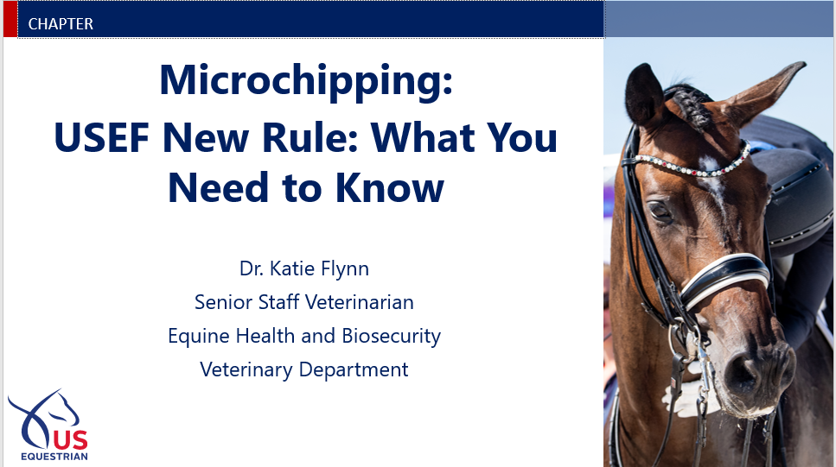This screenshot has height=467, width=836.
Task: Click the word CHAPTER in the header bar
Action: pos(61,24)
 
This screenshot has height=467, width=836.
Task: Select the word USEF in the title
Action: pos(101,137)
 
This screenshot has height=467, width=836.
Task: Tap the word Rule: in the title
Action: pos(310,137)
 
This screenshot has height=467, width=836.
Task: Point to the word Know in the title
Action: pos(389,188)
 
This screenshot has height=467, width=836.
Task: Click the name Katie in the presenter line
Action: pos(291,268)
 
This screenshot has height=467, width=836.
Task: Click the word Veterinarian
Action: pos(360,302)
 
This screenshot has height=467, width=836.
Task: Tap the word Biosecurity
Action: pos(392,337)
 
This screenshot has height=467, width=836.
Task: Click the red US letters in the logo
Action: pos(70,440)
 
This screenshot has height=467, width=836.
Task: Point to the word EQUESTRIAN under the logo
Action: pos(54,457)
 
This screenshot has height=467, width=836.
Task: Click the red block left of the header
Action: pos(10,19)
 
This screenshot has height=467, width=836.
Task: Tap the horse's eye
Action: pos(660,211)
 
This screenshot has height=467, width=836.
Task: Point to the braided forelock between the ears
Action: pos(691,106)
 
